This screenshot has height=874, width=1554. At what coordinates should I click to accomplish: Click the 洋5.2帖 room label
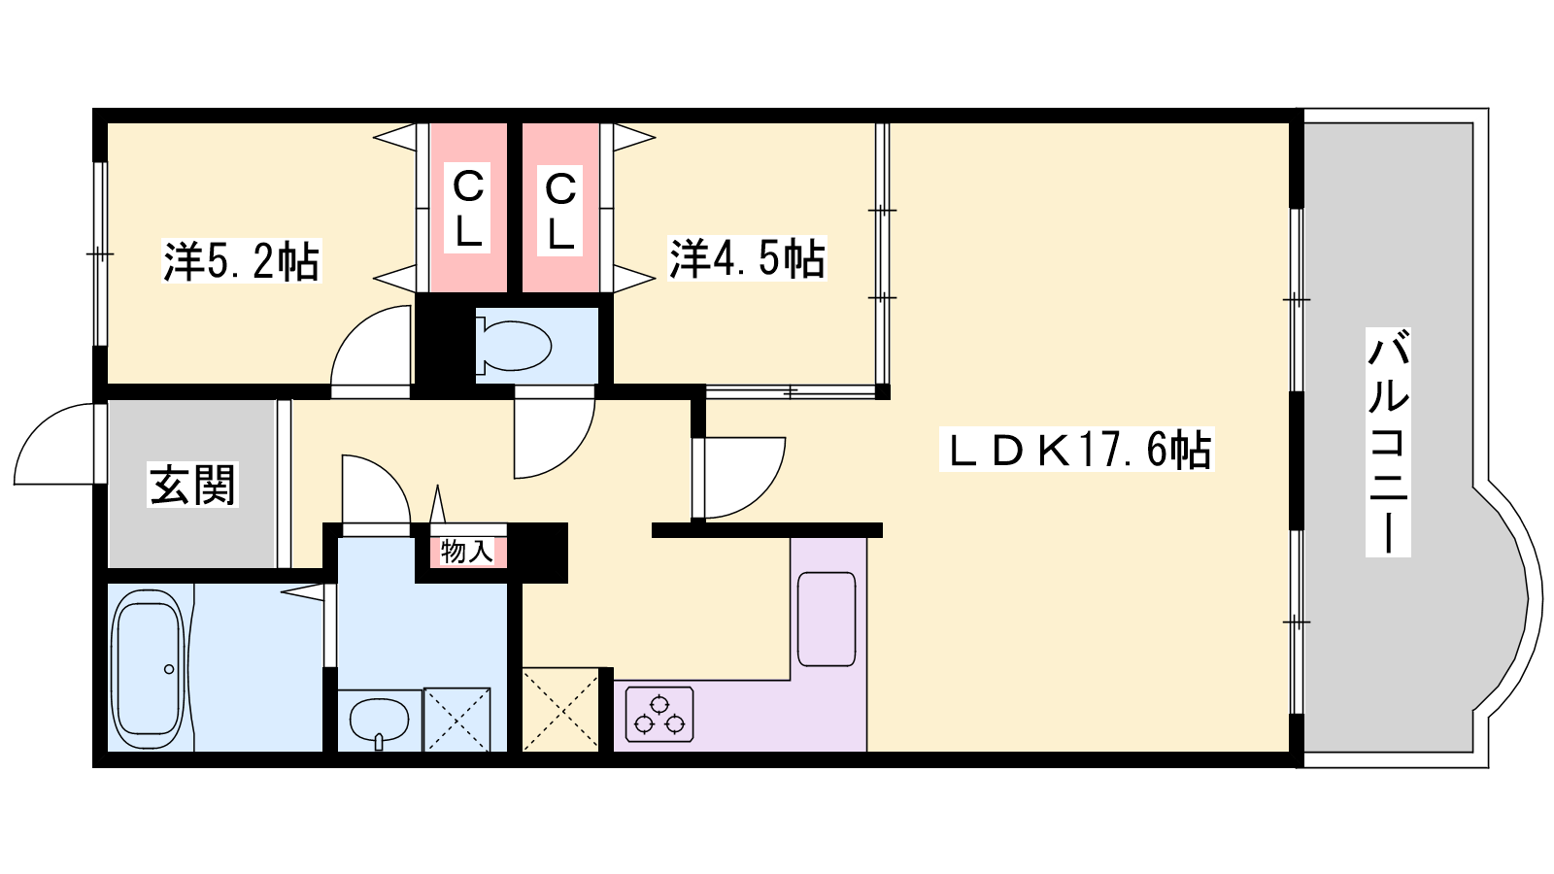[242, 261]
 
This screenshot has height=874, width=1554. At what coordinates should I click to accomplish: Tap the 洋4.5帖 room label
[747, 258]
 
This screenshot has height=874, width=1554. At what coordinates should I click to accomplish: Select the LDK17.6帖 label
[1077, 450]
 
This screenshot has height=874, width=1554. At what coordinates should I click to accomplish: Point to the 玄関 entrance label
[192, 485]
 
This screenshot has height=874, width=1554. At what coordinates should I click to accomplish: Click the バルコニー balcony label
[1388, 442]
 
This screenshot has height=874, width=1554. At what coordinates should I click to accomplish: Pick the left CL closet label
[467, 208]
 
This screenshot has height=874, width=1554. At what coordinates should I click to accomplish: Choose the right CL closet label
[559, 211]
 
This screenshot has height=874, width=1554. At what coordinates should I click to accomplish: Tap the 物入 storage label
[467, 553]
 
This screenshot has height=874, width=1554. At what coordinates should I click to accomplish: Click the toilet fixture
[514, 346]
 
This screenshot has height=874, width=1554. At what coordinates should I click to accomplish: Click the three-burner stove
[659, 715]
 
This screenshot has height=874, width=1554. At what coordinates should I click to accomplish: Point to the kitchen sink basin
[827, 619]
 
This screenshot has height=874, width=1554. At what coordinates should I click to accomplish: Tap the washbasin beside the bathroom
[379, 721]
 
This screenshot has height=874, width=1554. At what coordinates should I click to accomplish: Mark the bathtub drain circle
[169, 669]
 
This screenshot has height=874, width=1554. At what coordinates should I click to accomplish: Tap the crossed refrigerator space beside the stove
[559, 709]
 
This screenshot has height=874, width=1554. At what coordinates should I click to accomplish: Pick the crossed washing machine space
[457, 720]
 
